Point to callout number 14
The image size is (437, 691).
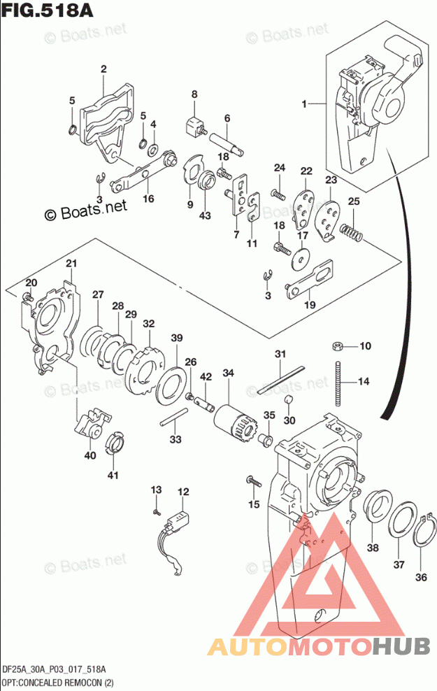(x=363, y=382)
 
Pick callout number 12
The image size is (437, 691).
(x=182, y=492)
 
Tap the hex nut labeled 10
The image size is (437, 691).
(x=337, y=345)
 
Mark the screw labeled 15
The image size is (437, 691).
(x=251, y=480)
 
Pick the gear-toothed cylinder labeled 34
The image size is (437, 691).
(x=231, y=420)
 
